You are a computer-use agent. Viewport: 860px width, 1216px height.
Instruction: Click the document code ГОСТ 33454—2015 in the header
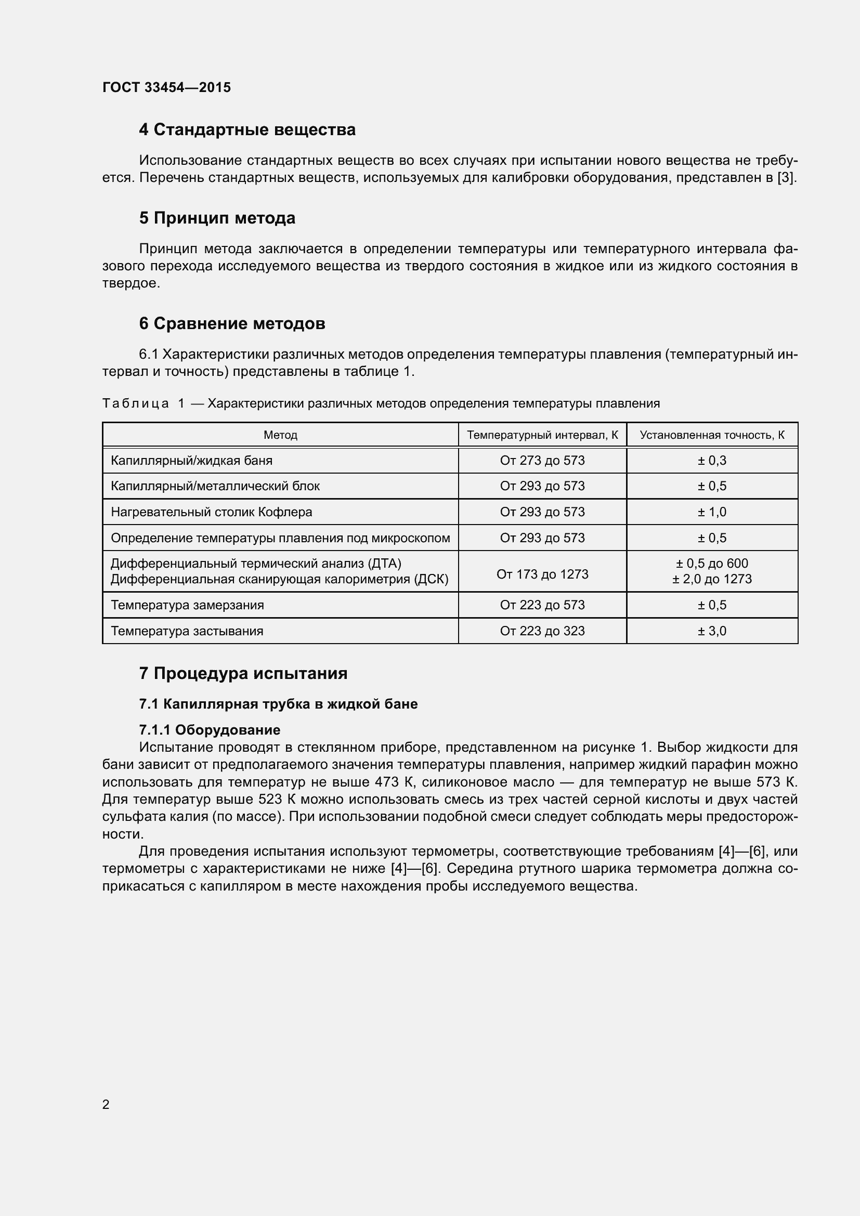coord(166,87)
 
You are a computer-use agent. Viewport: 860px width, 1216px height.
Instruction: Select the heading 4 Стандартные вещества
coord(247,130)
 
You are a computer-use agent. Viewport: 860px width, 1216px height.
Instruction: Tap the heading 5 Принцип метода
coord(217,218)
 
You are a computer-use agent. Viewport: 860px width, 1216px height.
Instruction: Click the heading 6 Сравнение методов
coord(232,323)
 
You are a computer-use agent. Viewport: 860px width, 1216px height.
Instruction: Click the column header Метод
coord(280,435)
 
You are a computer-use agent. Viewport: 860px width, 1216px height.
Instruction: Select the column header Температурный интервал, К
coord(542,435)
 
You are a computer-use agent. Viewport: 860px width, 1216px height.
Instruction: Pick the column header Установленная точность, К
coord(712,435)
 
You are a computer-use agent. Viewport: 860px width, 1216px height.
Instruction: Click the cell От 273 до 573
coord(542,460)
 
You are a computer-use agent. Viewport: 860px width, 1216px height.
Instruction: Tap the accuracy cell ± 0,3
coord(712,460)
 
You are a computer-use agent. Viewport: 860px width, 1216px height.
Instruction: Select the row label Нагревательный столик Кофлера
coord(211,512)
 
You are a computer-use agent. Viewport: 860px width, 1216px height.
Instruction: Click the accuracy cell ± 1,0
coord(712,512)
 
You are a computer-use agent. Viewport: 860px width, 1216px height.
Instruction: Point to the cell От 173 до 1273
coord(542,574)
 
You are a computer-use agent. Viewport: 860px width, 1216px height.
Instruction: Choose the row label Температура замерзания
coord(187,605)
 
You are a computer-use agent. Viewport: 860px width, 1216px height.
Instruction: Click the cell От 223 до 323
coord(542,631)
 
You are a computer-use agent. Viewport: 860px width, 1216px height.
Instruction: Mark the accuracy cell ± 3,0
coord(712,631)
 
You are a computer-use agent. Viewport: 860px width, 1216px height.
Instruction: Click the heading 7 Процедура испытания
coord(243,674)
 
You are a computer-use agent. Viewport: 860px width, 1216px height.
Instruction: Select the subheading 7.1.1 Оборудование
coord(209,730)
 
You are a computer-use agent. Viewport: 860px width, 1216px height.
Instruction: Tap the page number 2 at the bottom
coord(106,1104)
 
